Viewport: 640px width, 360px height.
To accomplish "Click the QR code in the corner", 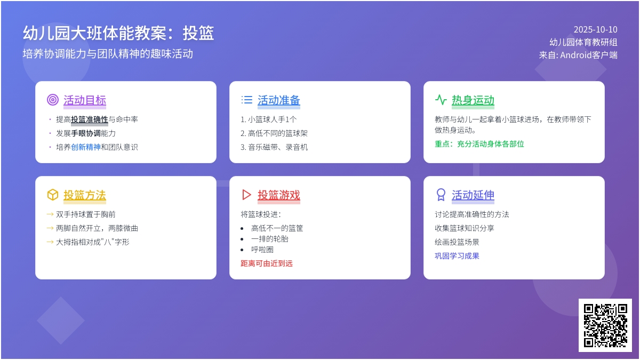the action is point(605,325).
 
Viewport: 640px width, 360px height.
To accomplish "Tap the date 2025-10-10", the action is point(595,29).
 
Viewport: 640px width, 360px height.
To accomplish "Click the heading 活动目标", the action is point(85,100).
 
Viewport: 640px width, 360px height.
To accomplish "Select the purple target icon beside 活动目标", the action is point(53,100).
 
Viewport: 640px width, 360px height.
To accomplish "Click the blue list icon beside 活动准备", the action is point(246,100).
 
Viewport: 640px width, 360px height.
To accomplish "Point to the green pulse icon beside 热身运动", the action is point(441,100).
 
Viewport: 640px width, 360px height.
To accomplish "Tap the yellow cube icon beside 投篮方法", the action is point(53,195).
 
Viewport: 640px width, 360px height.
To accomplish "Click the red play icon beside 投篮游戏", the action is point(246,195).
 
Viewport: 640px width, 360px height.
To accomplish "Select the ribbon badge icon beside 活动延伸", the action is point(441,195).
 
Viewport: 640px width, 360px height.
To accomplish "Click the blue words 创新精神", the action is point(86,147).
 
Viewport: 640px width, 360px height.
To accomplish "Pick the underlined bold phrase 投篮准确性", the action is point(90,119).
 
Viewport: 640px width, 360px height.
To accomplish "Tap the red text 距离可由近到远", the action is point(267,263).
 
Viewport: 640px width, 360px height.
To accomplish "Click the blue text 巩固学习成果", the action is point(457,256).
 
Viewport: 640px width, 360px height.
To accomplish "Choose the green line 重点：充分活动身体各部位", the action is point(479,144).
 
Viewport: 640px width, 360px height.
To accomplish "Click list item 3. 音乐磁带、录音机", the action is point(274,147).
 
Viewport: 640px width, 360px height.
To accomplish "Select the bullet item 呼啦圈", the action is point(262,250).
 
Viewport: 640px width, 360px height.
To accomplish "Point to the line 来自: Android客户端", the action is point(578,55).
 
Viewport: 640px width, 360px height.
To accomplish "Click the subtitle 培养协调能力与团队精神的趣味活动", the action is point(108,54).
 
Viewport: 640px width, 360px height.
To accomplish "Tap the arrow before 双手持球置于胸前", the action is point(50,214).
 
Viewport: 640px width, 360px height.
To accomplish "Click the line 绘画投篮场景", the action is point(457,242).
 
